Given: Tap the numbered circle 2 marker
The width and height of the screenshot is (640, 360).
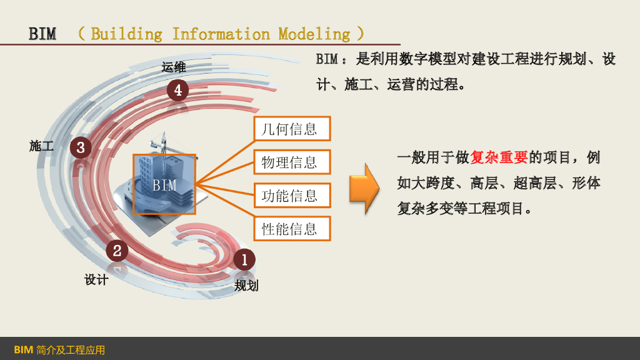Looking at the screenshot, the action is [117, 251].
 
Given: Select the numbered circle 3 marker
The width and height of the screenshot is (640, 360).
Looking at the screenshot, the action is [81, 147].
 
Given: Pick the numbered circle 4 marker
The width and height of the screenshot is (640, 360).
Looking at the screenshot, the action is [177, 91].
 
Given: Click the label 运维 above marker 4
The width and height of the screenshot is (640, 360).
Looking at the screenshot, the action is [174, 67].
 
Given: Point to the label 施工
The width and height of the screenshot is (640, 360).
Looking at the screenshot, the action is [42, 146].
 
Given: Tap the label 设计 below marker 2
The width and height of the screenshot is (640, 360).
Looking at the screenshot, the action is [96, 279].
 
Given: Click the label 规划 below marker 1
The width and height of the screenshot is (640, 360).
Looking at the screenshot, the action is [246, 286].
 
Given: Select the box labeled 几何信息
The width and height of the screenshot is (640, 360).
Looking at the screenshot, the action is [291, 129].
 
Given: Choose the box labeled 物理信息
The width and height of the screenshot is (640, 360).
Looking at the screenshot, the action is [291, 162].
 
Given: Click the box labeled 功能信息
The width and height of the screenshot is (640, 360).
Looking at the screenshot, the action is [291, 196].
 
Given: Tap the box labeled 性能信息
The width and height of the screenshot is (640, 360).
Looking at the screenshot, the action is [291, 229].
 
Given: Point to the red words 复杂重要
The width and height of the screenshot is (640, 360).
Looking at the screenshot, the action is [499, 157].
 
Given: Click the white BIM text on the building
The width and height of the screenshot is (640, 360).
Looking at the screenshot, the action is [165, 185].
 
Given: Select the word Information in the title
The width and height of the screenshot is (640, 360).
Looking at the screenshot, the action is [221, 34].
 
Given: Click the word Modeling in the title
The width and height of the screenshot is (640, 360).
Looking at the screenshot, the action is [314, 34].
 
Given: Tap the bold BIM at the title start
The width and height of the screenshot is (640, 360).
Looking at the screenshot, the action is [42, 34].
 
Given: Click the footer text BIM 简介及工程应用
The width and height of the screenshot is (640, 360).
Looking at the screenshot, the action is [59, 349].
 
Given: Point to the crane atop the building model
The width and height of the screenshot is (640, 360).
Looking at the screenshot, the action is [164, 143].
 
